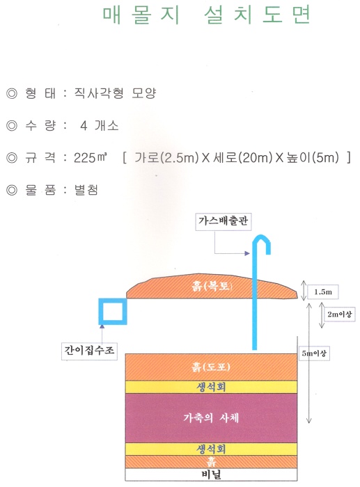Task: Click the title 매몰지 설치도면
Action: (207, 15)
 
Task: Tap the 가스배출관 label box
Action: (224, 221)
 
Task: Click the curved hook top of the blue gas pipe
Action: (262, 241)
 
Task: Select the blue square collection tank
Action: (113, 312)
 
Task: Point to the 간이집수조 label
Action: (89, 351)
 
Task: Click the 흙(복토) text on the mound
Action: (212, 286)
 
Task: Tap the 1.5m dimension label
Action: (323, 292)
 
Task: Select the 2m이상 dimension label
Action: (340, 314)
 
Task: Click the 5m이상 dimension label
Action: (314, 353)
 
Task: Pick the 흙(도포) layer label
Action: (211, 367)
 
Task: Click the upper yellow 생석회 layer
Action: (211, 387)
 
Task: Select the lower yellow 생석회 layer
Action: (211, 449)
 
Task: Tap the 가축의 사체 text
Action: (211, 417)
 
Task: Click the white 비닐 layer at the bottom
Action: (211, 474)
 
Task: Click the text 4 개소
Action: (100, 126)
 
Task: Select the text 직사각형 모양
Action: (115, 93)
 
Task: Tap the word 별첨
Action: (86, 190)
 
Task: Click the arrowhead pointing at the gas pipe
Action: (247, 253)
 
